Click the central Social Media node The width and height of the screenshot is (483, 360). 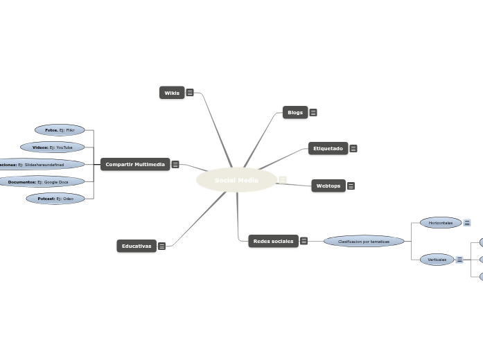click(236, 181)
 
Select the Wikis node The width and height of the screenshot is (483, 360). click(172, 93)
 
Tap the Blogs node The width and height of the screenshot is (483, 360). click(295, 112)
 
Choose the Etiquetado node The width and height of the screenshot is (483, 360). click(328, 148)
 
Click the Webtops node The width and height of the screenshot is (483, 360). click(328, 186)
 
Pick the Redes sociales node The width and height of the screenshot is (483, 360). click(273, 241)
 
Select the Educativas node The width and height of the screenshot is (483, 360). click(137, 246)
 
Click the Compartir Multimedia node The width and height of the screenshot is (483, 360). click(135, 164)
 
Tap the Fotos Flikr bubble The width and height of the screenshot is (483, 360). click(60, 130)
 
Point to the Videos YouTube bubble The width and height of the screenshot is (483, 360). click(53, 147)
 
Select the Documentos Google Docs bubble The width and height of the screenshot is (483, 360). click(43, 182)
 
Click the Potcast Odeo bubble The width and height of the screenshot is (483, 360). click(55, 199)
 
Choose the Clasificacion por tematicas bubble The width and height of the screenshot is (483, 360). click(364, 241)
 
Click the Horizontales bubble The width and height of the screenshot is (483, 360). click(441, 223)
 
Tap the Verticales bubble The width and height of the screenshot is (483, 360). click(437, 260)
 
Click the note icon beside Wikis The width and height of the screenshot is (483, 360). click(190, 93)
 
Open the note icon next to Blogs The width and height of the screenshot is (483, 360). click(313, 112)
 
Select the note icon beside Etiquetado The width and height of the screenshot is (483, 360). click(353, 148)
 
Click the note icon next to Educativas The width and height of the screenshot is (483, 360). click(161, 246)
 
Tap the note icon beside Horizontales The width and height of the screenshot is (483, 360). click(467, 223)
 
